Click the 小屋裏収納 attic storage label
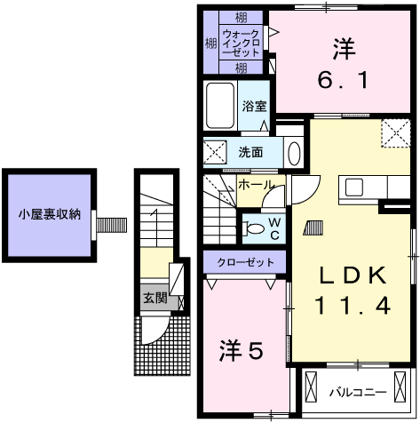tap(50, 214)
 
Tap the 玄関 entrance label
tap(155, 298)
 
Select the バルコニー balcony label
tap(359, 393)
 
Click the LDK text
tap(353, 275)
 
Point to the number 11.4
tap(353, 306)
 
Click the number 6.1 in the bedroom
tap(344, 80)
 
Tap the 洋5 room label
tap(241, 351)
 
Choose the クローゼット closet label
tap(245, 262)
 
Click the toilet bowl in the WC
tap(254, 229)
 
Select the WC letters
tap(275, 228)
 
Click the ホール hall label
tap(255, 185)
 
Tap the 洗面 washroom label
tap(250, 152)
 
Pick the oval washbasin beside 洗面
tap(294, 154)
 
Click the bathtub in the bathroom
tap(220, 105)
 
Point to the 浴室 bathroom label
tap(254, 107)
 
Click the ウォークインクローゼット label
tap(241, 44)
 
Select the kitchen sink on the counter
tap(354, 188)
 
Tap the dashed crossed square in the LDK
tap(396, 133)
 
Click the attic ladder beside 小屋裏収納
tap(112, 225)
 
